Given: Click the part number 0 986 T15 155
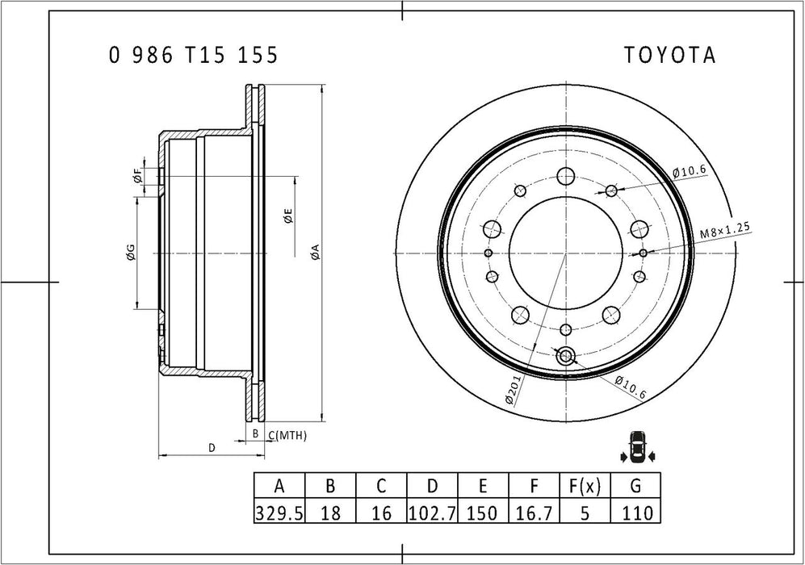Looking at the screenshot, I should (x=194, y=55).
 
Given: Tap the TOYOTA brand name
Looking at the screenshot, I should (x=669, y=55).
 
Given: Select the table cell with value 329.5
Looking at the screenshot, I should (x=279, y=512).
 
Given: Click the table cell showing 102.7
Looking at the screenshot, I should (x=433, y=512).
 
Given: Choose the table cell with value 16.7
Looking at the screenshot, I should (x=535, y=512).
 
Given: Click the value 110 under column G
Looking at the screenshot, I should (x=635, y=512).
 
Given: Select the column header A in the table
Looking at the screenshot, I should (x=279, y=486).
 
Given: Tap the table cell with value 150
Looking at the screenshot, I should (x=483, y=512).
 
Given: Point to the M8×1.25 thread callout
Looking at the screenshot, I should (x=725, y=231).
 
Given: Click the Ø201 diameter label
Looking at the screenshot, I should (x=515, y=391).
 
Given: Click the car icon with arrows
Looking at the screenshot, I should (x=637, y=447).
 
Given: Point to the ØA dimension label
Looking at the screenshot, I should (x=315, y=252).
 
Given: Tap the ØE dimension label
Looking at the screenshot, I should (x=287, y=216).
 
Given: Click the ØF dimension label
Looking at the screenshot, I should (x=138, y=176).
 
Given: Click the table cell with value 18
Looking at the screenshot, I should (x=330, y=512).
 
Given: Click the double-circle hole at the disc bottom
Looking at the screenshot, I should (x=565, y=354).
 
